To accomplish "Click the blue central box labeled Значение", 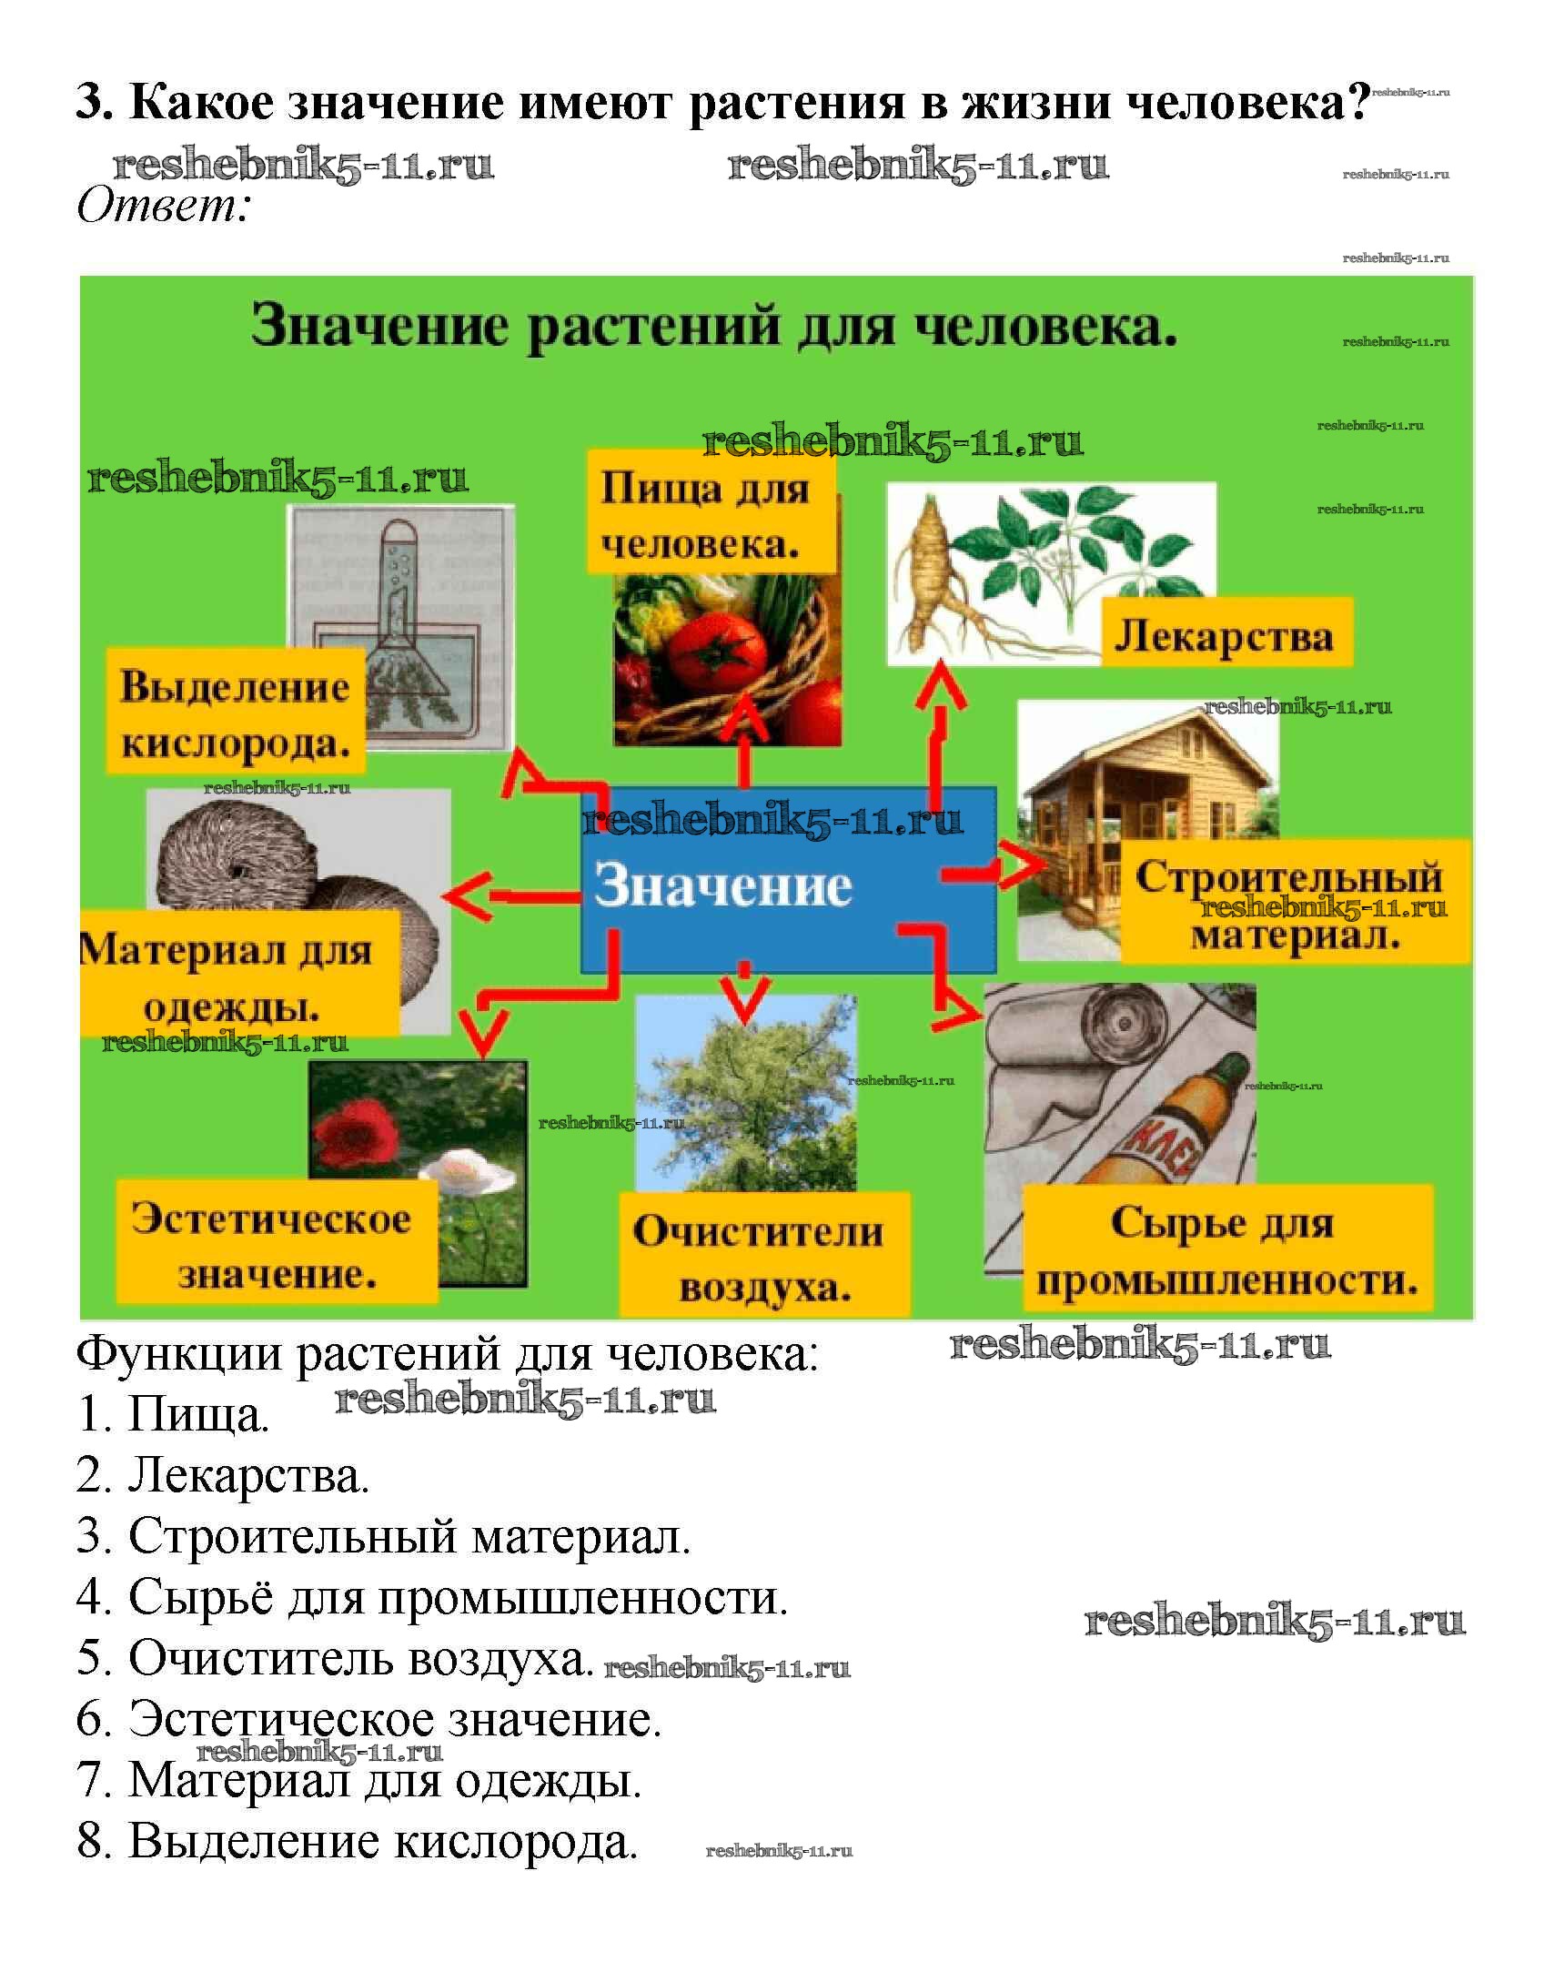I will pyautogui.click(x=788, y=881).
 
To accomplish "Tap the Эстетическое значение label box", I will pyautogui.click(x=275, y=1244).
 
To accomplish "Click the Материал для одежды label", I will pyautogui.click(x=238, y=976).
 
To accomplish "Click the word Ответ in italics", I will pyautogui.click(x=162, y=206).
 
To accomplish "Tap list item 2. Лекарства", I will pyautogui.click(x=223, y=1475).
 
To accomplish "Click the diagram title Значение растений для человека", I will pyautogui.click(x=714, y=326).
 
